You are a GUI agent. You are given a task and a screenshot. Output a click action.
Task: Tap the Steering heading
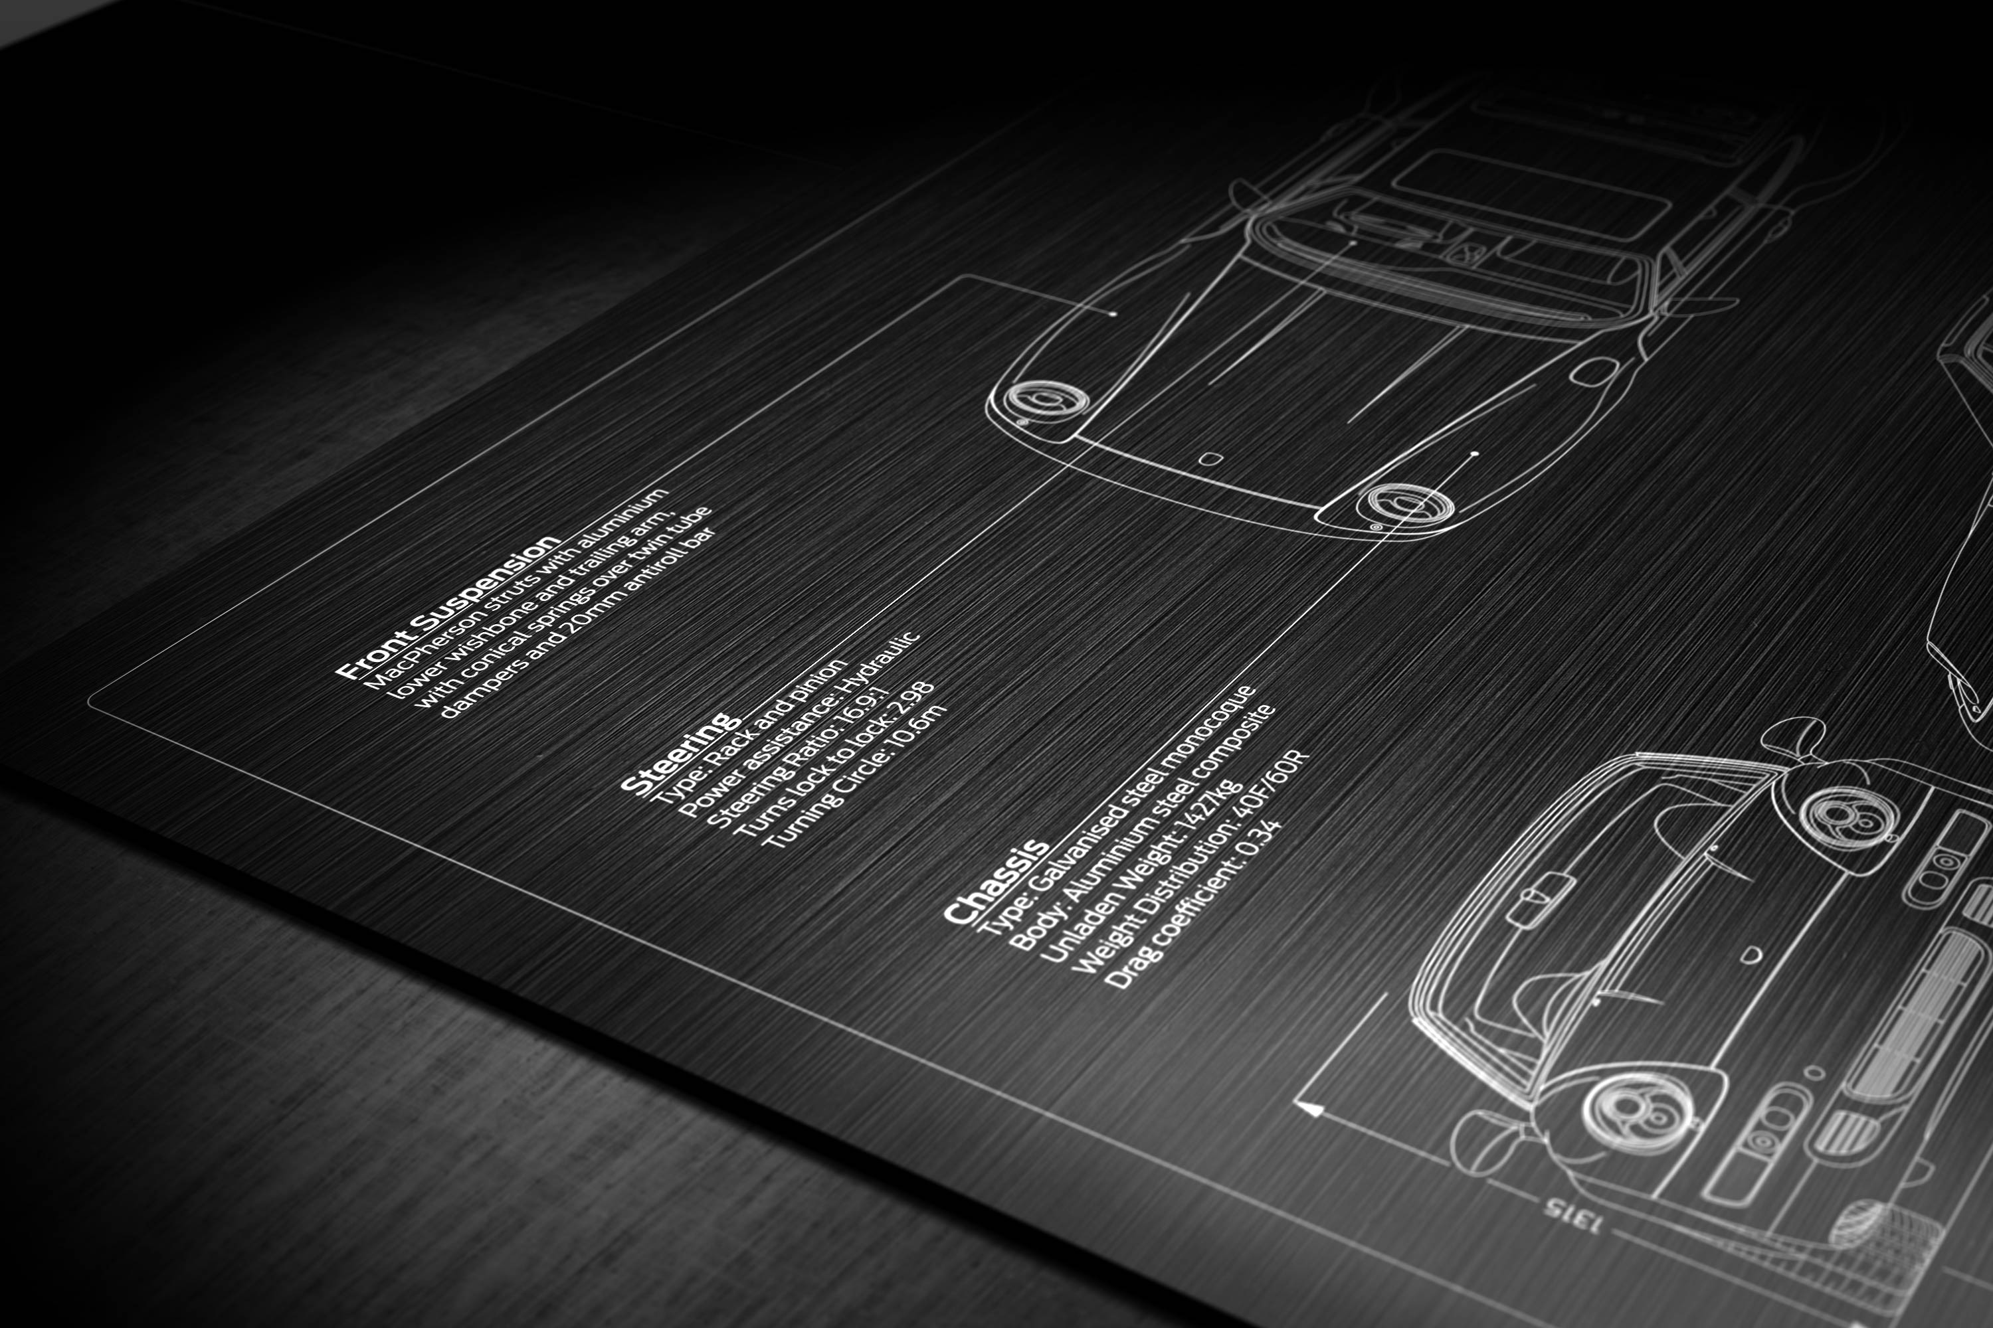678,754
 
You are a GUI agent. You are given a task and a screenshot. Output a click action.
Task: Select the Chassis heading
996,882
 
